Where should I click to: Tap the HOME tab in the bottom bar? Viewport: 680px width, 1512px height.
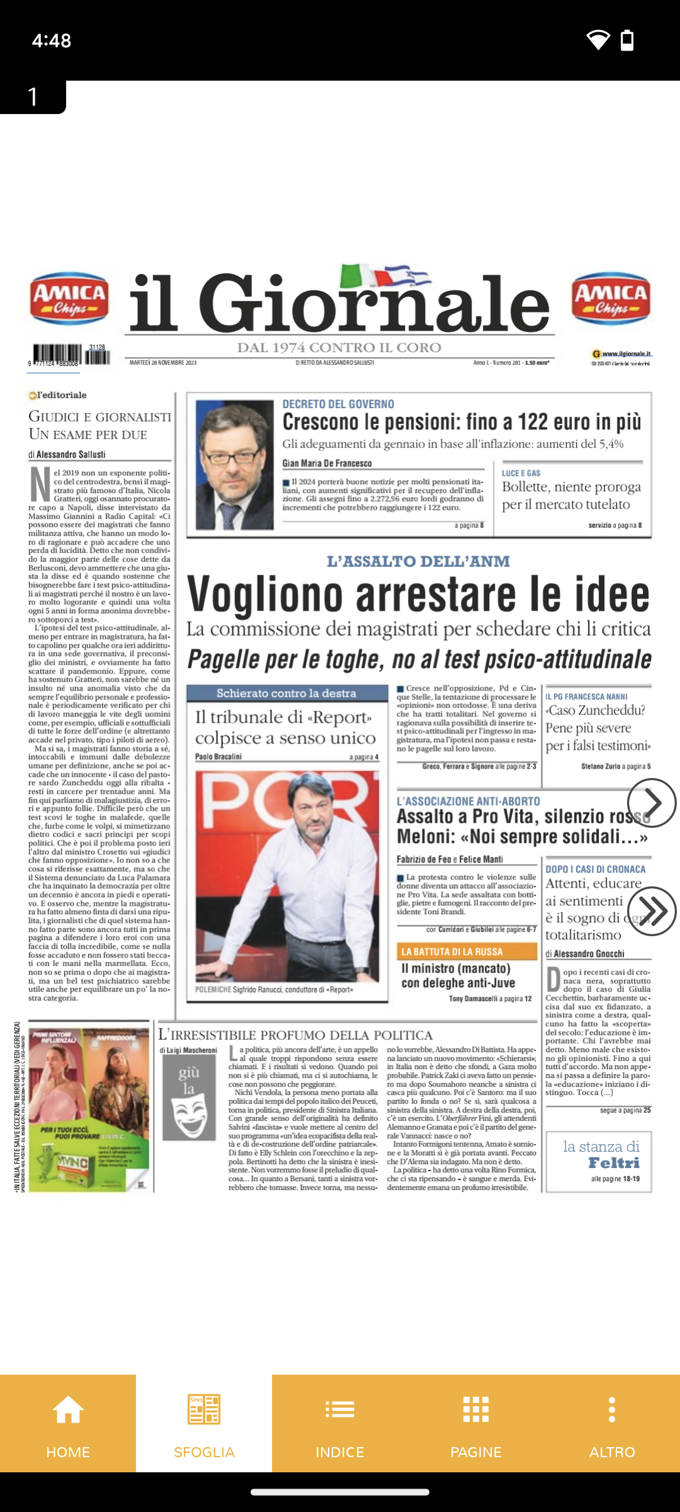tap(68, 1423)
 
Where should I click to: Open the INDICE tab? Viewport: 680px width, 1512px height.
tap(340, 1423)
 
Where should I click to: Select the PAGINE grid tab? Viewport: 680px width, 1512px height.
tap(476, 1423)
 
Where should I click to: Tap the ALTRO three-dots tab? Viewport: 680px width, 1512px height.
tap(612, 1423)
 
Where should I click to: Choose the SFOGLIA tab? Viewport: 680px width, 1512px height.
tap(204, 1423)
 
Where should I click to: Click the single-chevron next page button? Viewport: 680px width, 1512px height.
tap(652, 803)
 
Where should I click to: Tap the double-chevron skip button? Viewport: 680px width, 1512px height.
tap(652, 911)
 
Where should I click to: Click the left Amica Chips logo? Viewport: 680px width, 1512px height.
tap(69, 299)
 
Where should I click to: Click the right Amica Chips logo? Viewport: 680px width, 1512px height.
tap(611, 299)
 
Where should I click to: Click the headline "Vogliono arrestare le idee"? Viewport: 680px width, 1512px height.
tap(418, 594)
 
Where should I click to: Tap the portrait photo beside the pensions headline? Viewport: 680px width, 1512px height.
tap(234, 464)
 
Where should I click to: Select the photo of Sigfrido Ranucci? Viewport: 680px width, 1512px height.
tap(287, 876)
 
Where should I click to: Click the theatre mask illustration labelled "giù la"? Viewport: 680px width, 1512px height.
tap(190, 1097)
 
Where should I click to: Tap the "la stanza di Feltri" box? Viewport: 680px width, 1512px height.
tap(598, 1162)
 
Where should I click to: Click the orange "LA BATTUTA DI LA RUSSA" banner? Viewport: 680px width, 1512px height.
tap(467, 951)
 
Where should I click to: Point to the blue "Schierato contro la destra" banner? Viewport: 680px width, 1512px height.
tap(287, 693)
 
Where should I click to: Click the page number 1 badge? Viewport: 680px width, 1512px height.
tap(33, 96)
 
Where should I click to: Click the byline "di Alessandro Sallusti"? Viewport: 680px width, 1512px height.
tap(67, 454)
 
